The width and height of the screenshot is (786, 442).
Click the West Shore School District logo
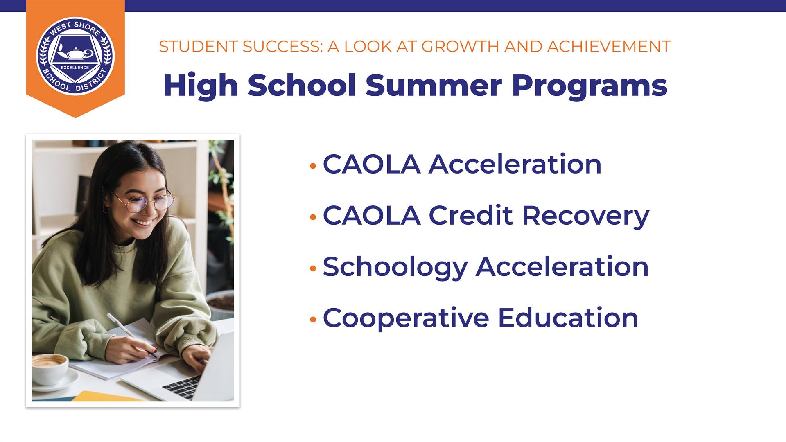click(x=75, y=56)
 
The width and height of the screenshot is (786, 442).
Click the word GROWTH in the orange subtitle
click(x=461, y=47)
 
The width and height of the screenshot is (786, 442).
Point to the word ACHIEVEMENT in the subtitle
click(x=609, y=47)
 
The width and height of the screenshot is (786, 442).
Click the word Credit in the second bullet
click(x=471, y=215)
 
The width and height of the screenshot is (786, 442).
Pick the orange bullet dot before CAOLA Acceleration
click(x=313, y=166)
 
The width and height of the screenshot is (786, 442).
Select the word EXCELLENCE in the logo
click(x=75, y=68)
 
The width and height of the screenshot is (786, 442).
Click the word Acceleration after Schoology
click(x=562, y=267)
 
